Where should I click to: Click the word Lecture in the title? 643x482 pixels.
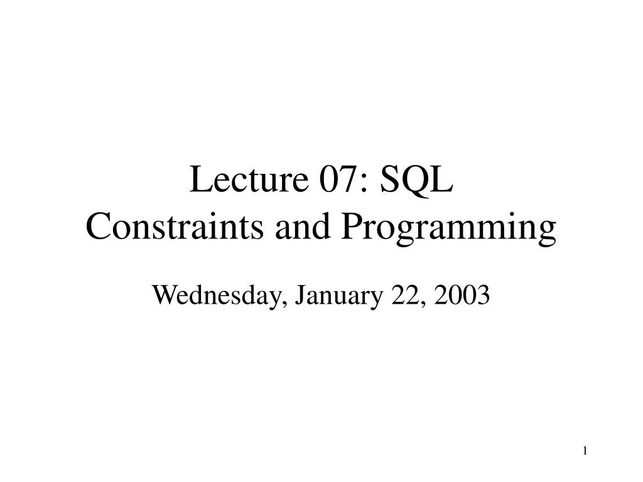pyautogui.click(x=249, y=179)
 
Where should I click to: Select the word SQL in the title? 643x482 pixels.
pyautogui.click(x=416, y=180)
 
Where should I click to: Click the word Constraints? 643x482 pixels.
pyautogui.click(x=175, y=227)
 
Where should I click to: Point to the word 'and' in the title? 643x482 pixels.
pyautogui.click(x=303, y=227)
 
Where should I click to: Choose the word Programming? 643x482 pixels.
pyautogui.click(x=448, y=228)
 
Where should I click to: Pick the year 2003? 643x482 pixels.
pyautogui.click(x=462, y=294)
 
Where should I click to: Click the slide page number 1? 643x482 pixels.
pyautogui.click(x=585, y=451)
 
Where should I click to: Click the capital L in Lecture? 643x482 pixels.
pyautogui.click(x=200, y=179)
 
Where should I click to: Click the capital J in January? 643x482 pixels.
pyautogui.click(x=300, y=295)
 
